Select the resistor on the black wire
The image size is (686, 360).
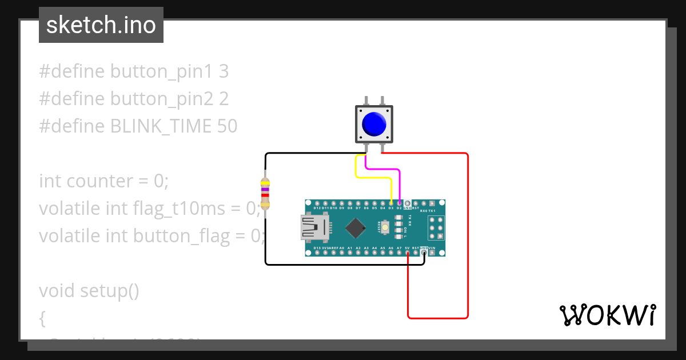(x=265, y=193)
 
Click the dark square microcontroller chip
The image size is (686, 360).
(x=356, y=228)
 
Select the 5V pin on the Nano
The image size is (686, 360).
(x=407, y=253)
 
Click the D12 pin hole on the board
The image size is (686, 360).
(x=317, y=203)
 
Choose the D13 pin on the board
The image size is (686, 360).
(x=317, y=253)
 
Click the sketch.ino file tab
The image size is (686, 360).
(x=101, y=25)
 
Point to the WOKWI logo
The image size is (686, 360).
(x=607, y=315)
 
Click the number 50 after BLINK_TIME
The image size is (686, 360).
(x=227, y=126)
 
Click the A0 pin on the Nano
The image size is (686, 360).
(x=342, y=253)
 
